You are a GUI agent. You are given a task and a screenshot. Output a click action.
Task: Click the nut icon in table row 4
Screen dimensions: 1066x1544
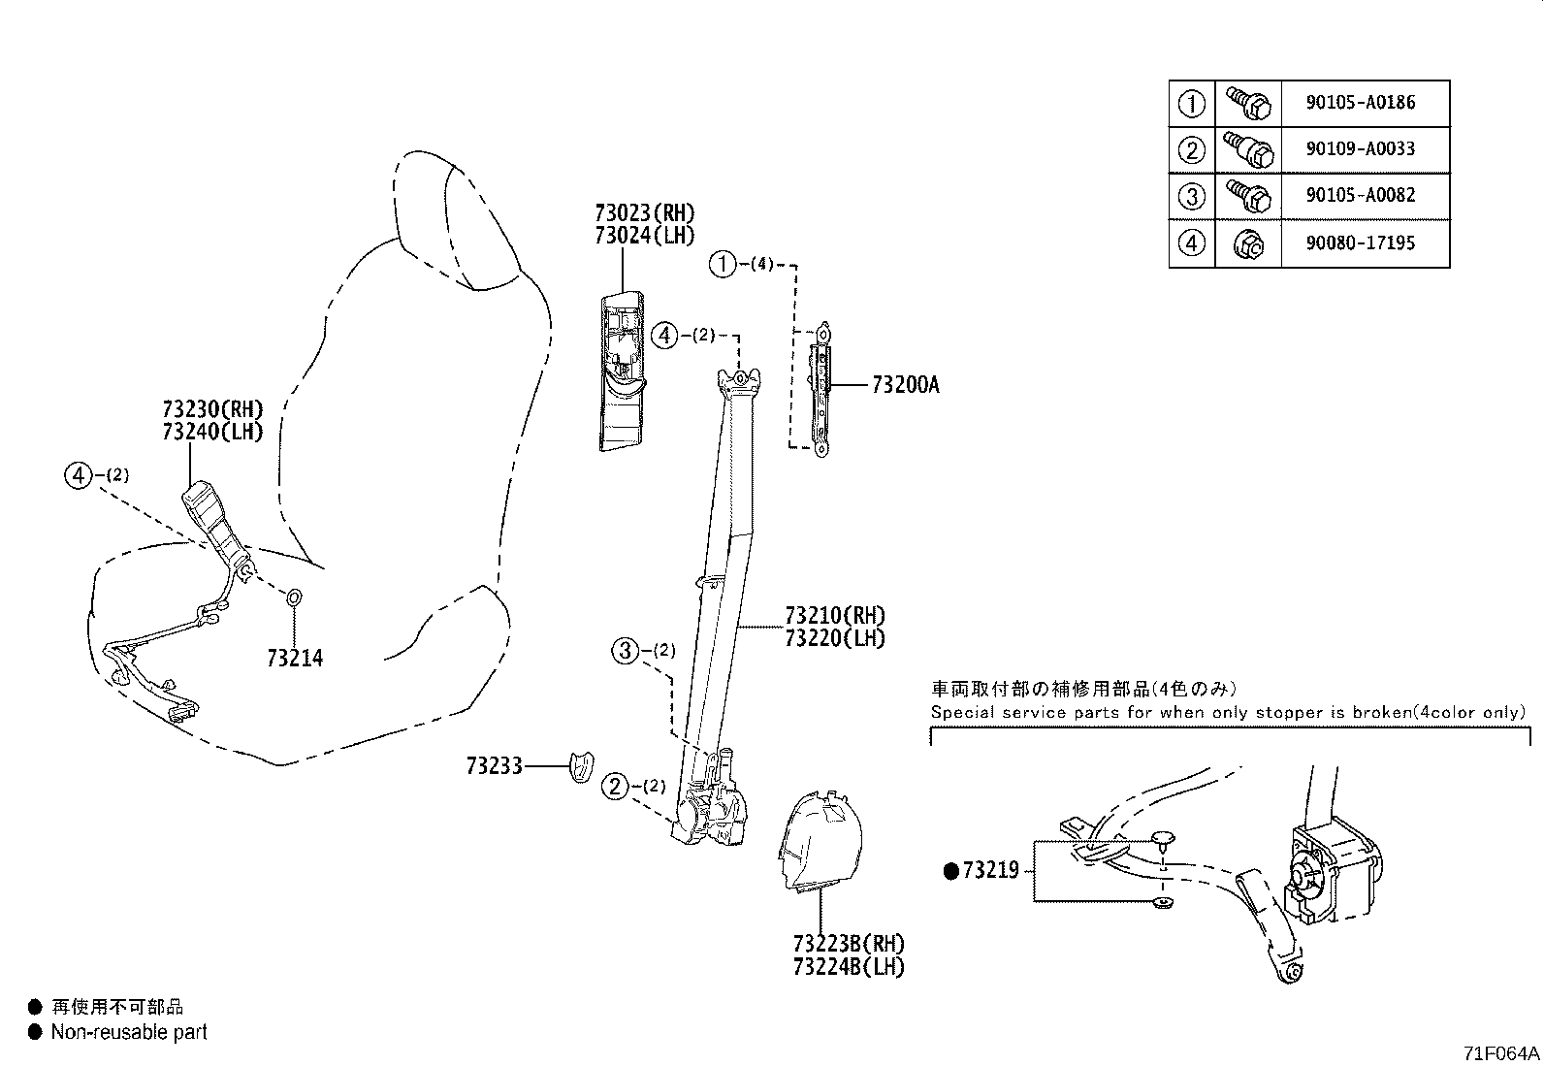coord(1247,244)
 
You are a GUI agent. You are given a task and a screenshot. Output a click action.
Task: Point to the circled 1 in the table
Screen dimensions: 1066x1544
coord(1191,103)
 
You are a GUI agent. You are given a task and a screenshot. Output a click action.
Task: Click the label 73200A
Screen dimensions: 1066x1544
coord(905,385)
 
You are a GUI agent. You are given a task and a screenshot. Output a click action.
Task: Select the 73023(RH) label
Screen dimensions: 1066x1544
coord(644,212)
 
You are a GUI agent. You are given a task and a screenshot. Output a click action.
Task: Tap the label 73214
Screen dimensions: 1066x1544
coord(295,659)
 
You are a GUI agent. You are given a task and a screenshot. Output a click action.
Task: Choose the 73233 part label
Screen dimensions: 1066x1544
coord(494,766)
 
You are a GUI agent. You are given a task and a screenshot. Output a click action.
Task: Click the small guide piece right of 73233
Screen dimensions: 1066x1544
coord(581,766)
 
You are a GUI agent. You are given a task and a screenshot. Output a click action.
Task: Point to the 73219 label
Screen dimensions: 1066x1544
coord(989,870)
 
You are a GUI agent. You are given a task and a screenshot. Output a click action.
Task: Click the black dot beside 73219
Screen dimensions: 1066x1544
coord(950,871)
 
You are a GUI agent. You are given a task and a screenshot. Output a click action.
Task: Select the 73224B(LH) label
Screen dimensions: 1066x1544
coord(848,966)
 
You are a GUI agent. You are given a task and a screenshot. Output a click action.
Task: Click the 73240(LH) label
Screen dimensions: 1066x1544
coord(212,432)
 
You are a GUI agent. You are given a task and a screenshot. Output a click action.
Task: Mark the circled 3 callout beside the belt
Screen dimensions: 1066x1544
coord(625,650)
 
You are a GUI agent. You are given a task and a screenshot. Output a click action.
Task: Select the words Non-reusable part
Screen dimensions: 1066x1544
coord(129,1032)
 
